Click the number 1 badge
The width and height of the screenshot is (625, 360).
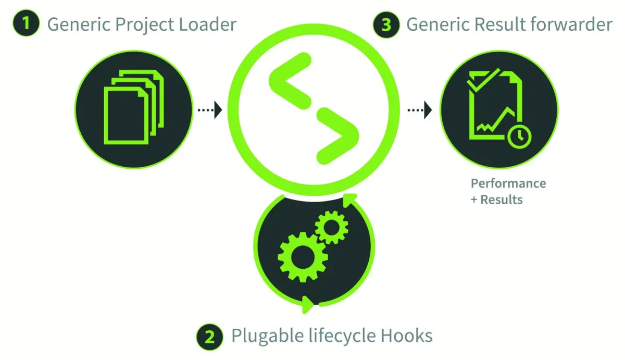pyautogui.click(x=26, y=24)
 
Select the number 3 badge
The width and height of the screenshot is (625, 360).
pyautogui.click(x=386, y=24)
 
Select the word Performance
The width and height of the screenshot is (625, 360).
pyautogui.click(x=508, y=183)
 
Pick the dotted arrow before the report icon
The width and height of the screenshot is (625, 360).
pyautogui.click(x=420, y=109)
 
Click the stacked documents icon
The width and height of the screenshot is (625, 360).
pyautogui.click(x=133, y=106)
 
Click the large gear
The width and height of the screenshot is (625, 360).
pyautogui.click(x=303, y=257)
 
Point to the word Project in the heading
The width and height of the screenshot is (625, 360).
pyautogui.click(x=137, y=25)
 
